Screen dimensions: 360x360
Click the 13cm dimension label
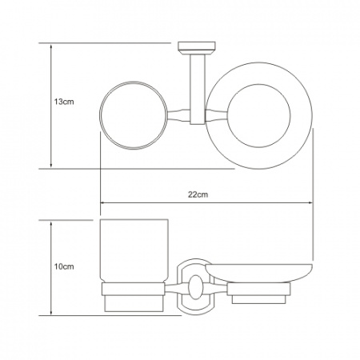tap(64, 102)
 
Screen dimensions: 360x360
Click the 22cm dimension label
tap(198, 194)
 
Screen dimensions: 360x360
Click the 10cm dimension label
tap(64, 266)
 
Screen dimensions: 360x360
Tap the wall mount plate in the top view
tap(197, 48)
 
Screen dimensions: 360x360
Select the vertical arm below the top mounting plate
tap(198, 90)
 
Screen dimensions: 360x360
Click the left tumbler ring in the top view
tap(100, 115)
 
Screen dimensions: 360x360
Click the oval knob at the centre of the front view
tap(196, 287)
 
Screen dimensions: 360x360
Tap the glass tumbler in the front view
tap(134, 251)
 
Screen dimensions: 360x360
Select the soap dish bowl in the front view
tap(259, 274)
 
